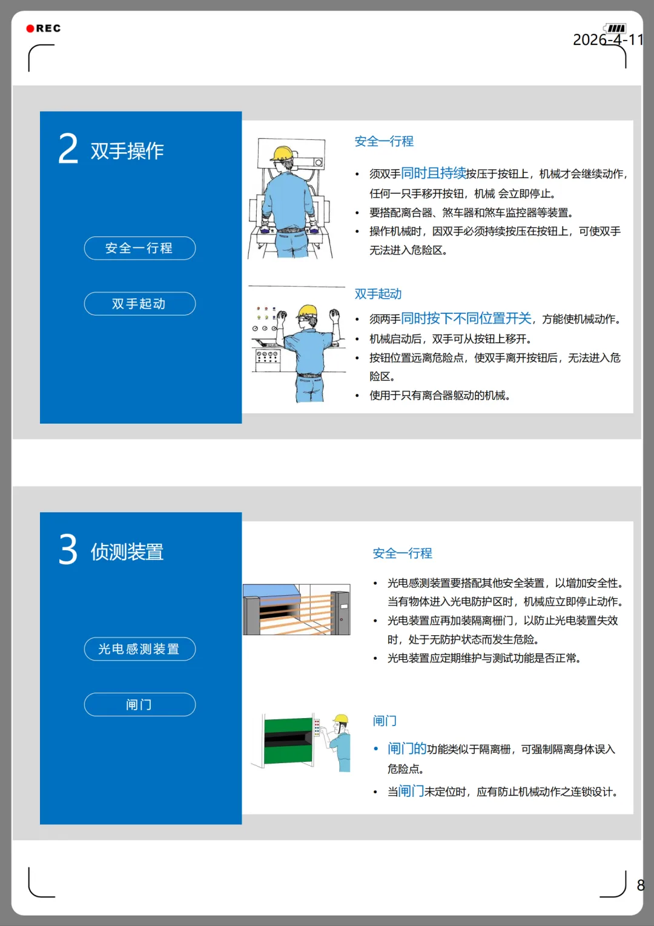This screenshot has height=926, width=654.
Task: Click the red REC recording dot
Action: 30,28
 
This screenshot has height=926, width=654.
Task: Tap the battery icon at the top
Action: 615,28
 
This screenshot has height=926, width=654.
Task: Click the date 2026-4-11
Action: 608,39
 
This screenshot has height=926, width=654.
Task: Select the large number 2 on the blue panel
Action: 68,148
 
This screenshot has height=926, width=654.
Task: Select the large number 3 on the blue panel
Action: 68,549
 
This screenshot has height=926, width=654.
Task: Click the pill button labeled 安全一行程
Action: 140,248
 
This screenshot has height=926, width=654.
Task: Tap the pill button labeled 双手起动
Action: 140,304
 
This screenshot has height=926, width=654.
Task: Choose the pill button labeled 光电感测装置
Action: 140,649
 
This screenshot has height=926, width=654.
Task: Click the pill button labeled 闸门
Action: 140,704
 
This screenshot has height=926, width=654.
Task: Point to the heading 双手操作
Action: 127,151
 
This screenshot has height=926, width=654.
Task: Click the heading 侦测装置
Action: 127,552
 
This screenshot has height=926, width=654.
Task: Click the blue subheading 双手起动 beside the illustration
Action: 378,294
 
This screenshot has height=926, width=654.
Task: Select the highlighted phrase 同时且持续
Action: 434,173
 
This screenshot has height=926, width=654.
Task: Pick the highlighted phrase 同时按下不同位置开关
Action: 466,318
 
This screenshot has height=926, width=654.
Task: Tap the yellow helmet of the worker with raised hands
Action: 308,311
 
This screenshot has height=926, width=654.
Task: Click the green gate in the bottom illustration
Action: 289,741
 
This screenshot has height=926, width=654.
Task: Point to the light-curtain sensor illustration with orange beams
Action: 297,609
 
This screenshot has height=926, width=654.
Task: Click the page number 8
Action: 641,885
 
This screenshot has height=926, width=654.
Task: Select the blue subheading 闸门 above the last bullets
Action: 385,721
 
